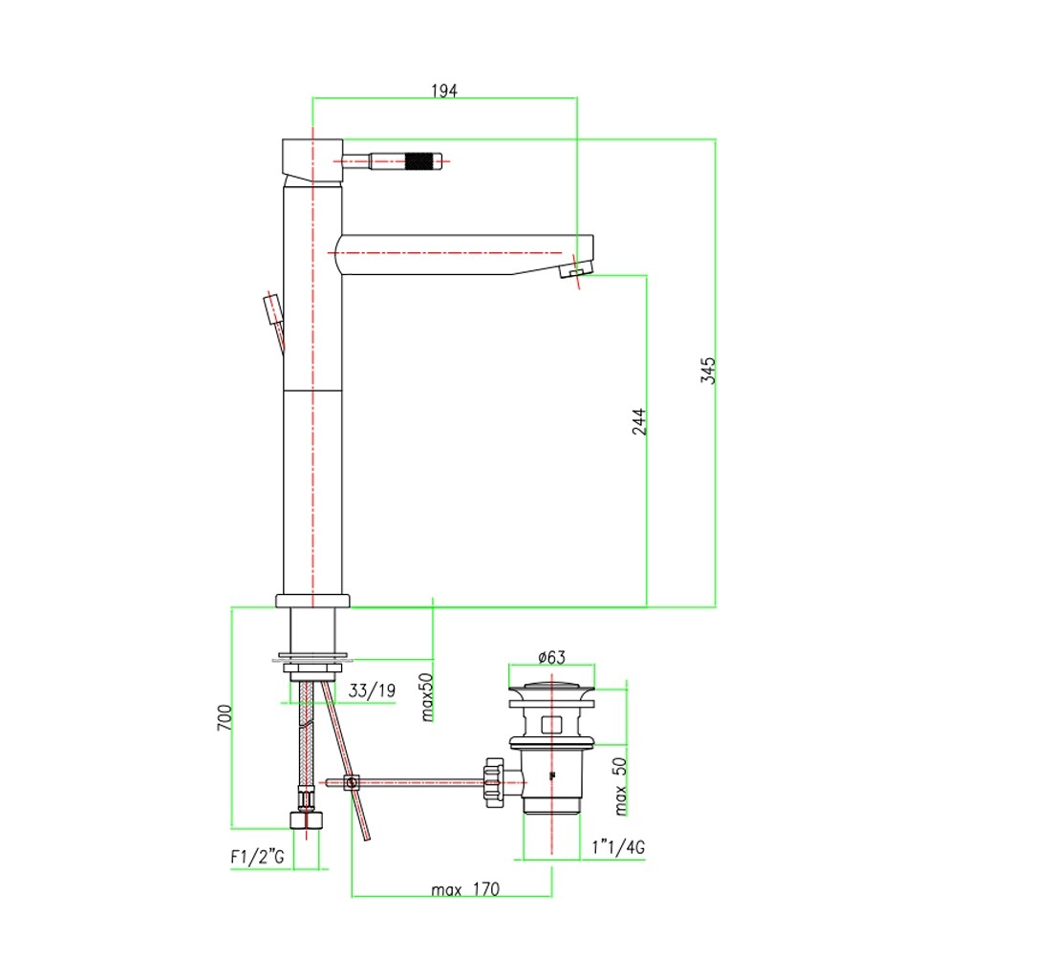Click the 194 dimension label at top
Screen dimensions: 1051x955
pos(443,91)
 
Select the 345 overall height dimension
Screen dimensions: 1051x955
pos(708,371)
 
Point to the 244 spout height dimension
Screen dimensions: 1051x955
pos(639,421)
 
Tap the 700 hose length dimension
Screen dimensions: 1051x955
pos(225,717)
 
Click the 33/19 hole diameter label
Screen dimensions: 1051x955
pos(372,690)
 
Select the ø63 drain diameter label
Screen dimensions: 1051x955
pos(551,657)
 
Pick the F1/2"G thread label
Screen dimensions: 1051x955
pos(257,857)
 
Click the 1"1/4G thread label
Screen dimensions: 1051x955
pos(618,847)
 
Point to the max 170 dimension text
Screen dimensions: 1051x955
pos(465,889)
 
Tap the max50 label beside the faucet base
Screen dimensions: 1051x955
pos(427,697)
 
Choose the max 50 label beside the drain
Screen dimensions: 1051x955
pos(621,786)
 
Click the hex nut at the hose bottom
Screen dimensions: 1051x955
pos(307,819)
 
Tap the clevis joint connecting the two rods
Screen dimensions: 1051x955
pos(352,782)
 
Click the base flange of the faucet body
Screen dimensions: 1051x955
pos(313,601)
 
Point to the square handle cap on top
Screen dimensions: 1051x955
pos(312,160)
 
